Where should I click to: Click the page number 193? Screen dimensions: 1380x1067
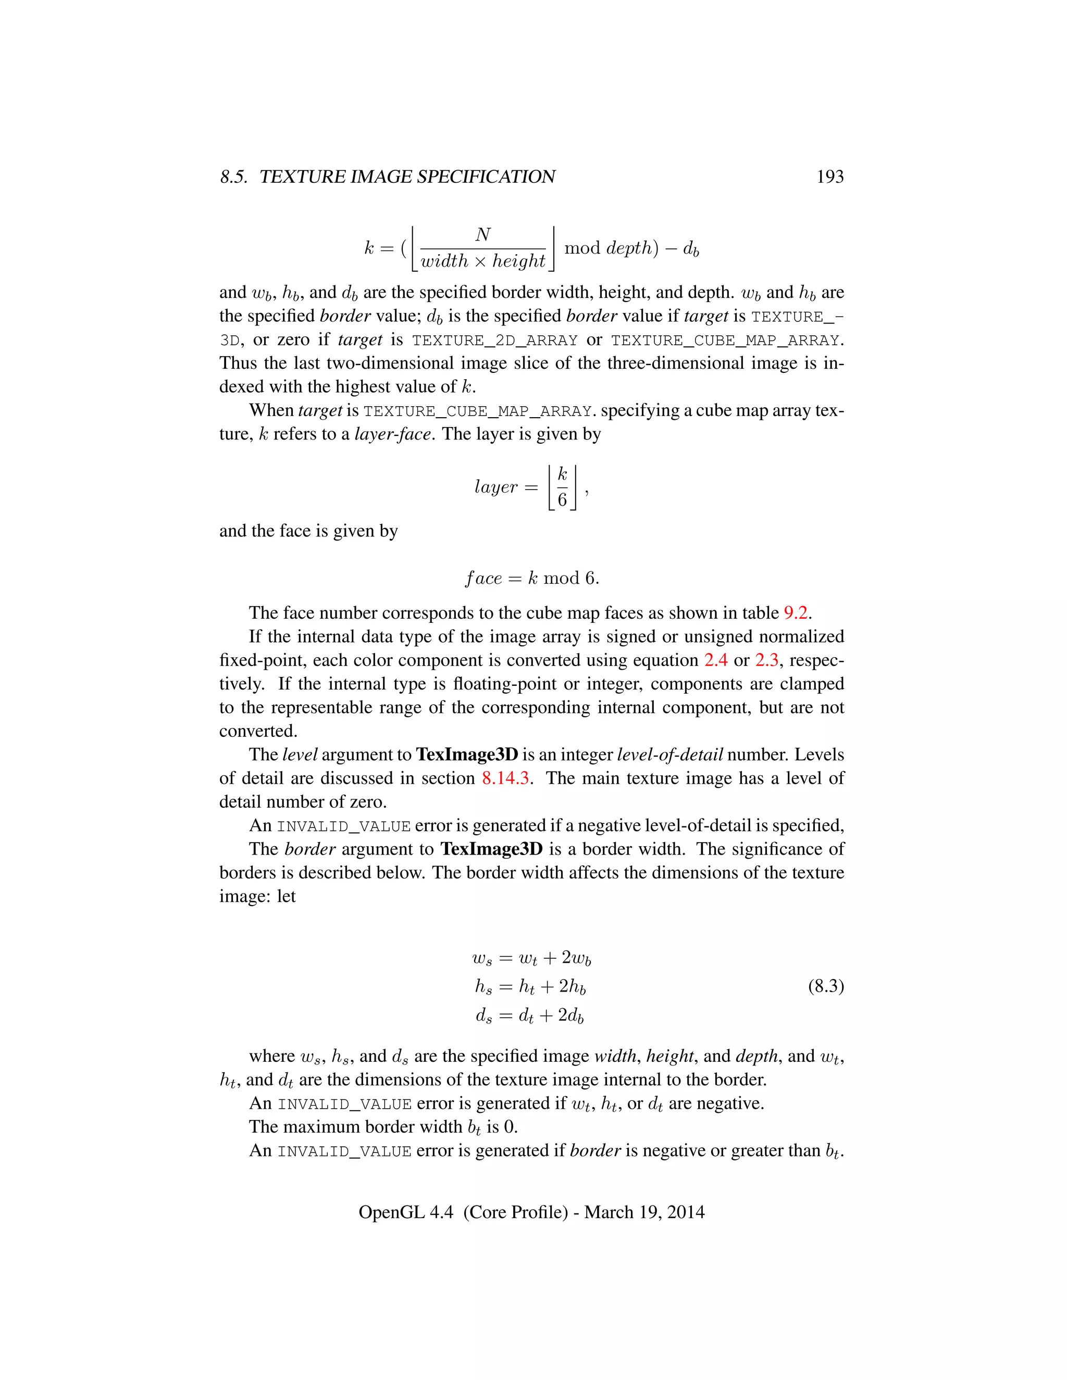click(x=829, y=177)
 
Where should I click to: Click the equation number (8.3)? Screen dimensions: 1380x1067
click(x=826, y=986)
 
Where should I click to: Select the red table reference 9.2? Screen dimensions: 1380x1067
click(x=797, y=613)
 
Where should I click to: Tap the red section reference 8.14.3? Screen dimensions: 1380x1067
click(x=505, y=778)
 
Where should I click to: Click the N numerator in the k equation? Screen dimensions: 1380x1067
click(x=483, y=235)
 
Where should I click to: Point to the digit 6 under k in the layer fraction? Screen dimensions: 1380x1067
click(x=562, y=500)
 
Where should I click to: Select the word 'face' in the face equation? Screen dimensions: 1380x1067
click(x=483, y=578)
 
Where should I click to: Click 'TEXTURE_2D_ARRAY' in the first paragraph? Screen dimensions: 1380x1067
click(x=494, y=341)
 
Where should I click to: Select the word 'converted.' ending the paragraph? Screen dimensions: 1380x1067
click(x=258, y=731)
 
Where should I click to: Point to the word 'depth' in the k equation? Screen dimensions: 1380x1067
click(x=628, y=248)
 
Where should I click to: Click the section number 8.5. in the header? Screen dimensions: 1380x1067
click(x=234, y=177)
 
